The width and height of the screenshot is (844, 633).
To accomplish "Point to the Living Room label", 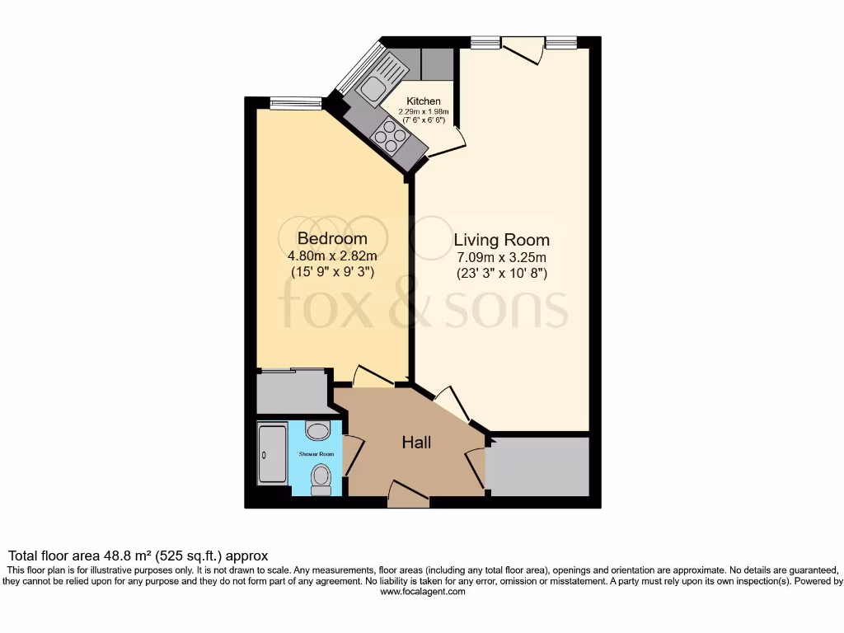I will point(501,240).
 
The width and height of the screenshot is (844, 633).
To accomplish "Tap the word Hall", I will point(416,443).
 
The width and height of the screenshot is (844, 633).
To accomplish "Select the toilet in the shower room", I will point(321,477).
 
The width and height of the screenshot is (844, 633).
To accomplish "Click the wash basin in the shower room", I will point(316,429).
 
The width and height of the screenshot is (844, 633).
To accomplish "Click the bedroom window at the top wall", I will point(295,103).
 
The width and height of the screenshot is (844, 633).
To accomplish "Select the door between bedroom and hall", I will point(373,377).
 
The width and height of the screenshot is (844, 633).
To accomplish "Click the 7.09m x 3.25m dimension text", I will point(501,257).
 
